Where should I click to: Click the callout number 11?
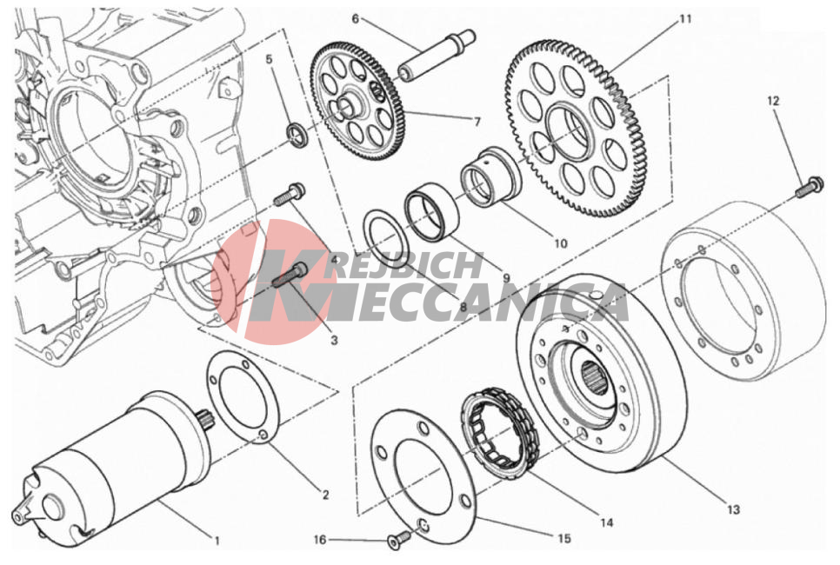685,19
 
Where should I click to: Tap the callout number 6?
355,19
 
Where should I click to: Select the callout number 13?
733,509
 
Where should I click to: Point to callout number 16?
319,540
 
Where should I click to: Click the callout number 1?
217,541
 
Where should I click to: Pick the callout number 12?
773,101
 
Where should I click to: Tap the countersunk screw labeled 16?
399,539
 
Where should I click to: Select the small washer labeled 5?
296,134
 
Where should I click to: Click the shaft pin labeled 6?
437,56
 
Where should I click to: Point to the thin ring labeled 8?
386,238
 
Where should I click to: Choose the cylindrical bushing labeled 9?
431,210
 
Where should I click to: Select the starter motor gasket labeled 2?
242,396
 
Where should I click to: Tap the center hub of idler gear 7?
345,106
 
